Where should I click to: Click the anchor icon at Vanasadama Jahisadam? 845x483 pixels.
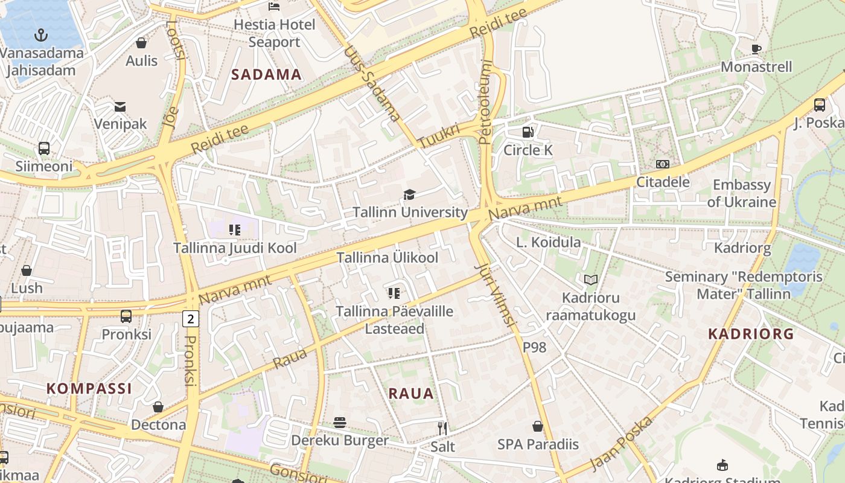click(x=41, y=35)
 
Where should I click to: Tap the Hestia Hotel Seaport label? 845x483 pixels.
click(x=274, y=33)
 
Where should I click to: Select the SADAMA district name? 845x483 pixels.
click(x=266, y=74)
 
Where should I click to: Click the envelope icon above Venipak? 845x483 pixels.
click(x=120, y=107)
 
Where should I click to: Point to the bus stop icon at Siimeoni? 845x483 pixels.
click(x=44, y=149)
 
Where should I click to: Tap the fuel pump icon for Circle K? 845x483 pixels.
click(x=528, y=132)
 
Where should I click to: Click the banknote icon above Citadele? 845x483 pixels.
click(x=662, y=164)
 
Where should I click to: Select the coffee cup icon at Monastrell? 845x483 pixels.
click(x=756, y=49)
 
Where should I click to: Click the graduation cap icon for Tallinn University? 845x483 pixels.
click(x=410, y=194)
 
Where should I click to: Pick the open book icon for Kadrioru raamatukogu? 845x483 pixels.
click(x=590, y=280)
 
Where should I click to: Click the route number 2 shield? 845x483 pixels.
click(x=191, y=318)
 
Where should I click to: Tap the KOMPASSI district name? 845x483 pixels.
click(x=89, y=388)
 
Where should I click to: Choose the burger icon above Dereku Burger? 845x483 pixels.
click(x=340, y=422)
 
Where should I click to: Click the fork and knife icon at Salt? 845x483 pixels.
click(x=442, y=429)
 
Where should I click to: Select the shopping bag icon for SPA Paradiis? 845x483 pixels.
click(x=538, y=426)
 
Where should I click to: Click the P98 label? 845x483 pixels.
click(x=534, y=347)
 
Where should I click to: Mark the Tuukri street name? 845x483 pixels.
click(x=439, y=135)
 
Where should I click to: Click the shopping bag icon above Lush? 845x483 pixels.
click(x=27, y=270)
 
